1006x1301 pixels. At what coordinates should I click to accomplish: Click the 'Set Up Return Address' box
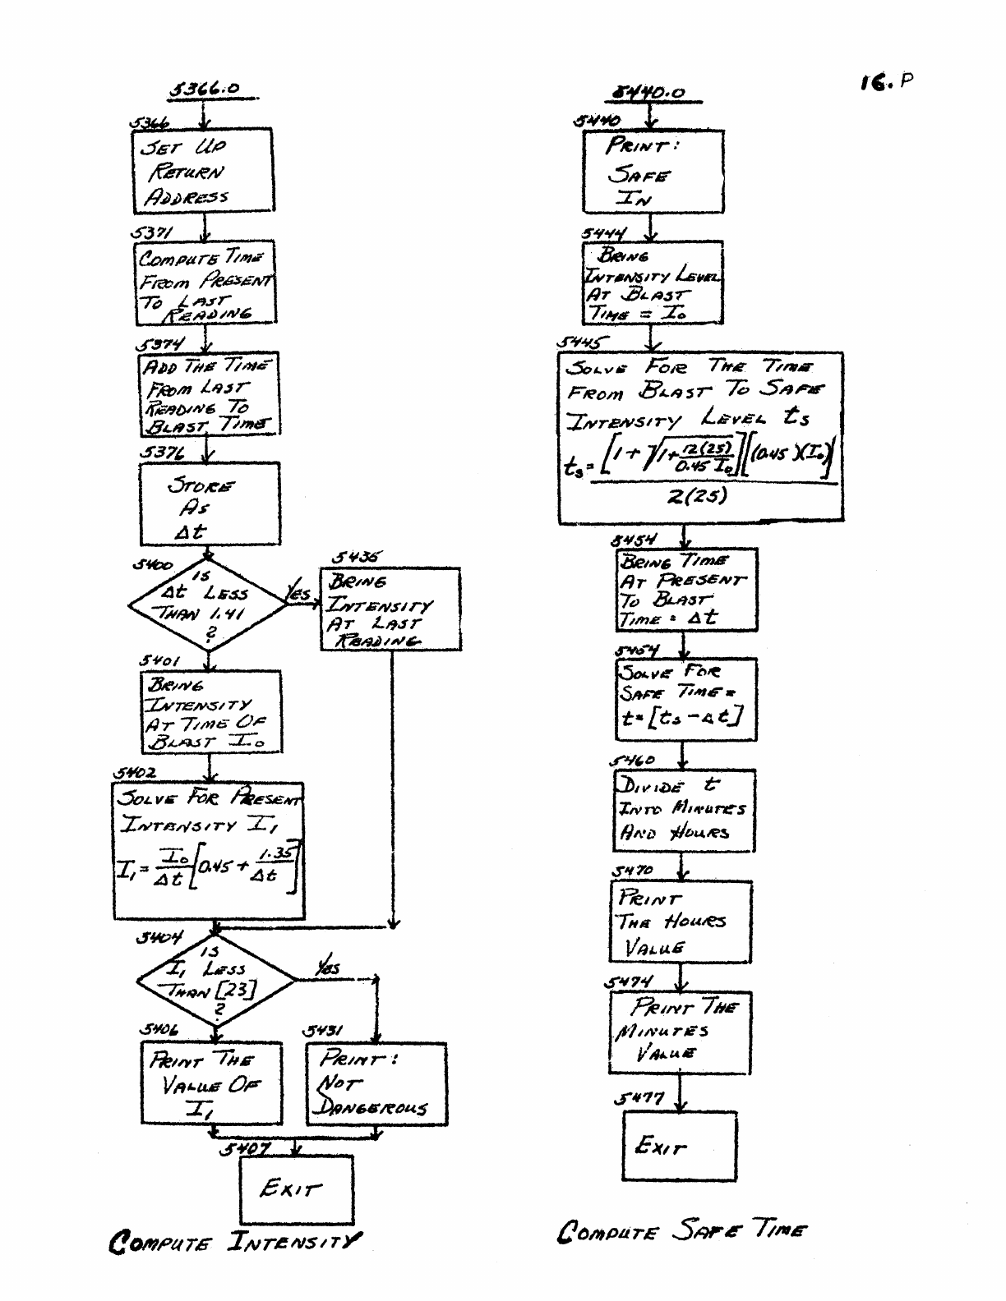(x=203, y=171)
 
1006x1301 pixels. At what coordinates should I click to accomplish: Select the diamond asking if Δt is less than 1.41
(x=207, y=605)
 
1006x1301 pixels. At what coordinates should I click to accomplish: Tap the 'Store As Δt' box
(x=209, y=504)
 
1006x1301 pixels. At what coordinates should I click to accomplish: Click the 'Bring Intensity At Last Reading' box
(x=390, y=609)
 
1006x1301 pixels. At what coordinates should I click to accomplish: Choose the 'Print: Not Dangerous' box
(x=376, y=1083)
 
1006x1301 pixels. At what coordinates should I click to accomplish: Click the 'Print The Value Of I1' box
(x=210, y=1083)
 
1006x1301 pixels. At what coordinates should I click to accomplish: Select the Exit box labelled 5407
(x=296, y=1189)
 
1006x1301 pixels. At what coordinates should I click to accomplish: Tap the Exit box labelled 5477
(x=679, y=1146)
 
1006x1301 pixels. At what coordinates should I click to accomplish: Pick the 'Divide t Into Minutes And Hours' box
(x=683, y=810)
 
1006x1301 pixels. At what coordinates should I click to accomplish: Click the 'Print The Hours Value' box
(x=681, y=922)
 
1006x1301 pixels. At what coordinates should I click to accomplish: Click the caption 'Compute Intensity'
(x=235, y=1240)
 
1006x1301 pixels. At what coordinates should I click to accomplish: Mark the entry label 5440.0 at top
(x=651, y=93)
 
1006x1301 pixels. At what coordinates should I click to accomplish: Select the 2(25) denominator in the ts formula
(x=698, y=497)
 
